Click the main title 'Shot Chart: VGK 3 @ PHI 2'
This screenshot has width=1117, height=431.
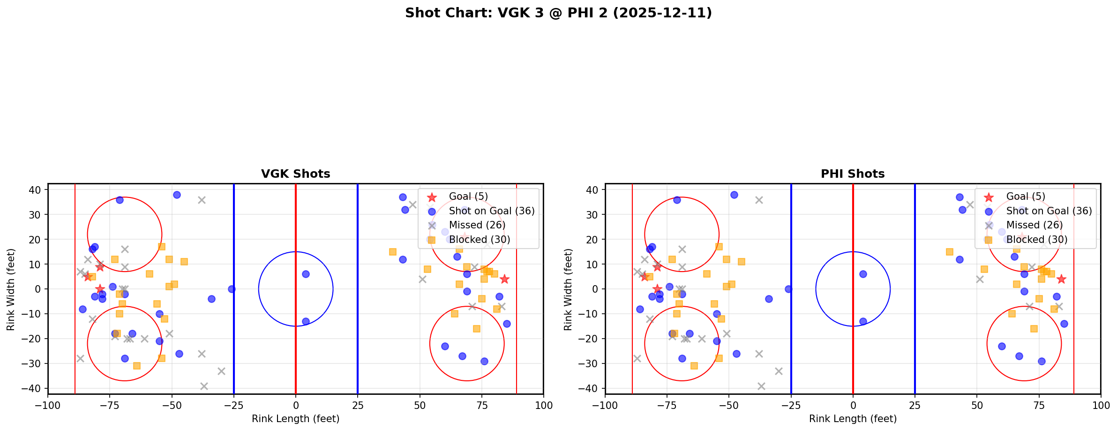click(x=558, y=13)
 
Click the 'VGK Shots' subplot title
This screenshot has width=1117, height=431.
click(x=295, y=174)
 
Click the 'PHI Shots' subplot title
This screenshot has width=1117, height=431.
click(x=852, y=174)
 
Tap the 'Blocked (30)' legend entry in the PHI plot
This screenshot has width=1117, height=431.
click(x=1036, y=240)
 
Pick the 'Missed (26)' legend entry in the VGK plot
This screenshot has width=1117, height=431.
click(x=477, y=225)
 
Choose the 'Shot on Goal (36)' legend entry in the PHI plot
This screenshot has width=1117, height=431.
click(x=1049, y=211)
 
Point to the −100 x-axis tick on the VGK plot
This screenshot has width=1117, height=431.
click(x=48, y=406)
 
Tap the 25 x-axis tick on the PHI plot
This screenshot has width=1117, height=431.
click(x=915, y=406)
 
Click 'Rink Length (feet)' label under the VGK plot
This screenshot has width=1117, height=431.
click(x=295, y=419)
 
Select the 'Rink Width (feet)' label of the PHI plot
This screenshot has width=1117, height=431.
click(x=568, y=289)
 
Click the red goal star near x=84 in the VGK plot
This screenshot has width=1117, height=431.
click(x=504, y=279)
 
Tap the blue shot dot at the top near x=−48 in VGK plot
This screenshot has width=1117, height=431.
click(x=177, y=195)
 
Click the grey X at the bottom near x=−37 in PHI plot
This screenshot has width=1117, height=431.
click(x=761, y=386)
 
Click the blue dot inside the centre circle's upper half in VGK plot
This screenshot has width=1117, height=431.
click(x=306, y=274)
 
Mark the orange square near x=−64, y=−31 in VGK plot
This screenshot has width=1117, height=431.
click(x=137, y=366)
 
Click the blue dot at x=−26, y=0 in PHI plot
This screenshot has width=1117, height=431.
click(x=788, y=289)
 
